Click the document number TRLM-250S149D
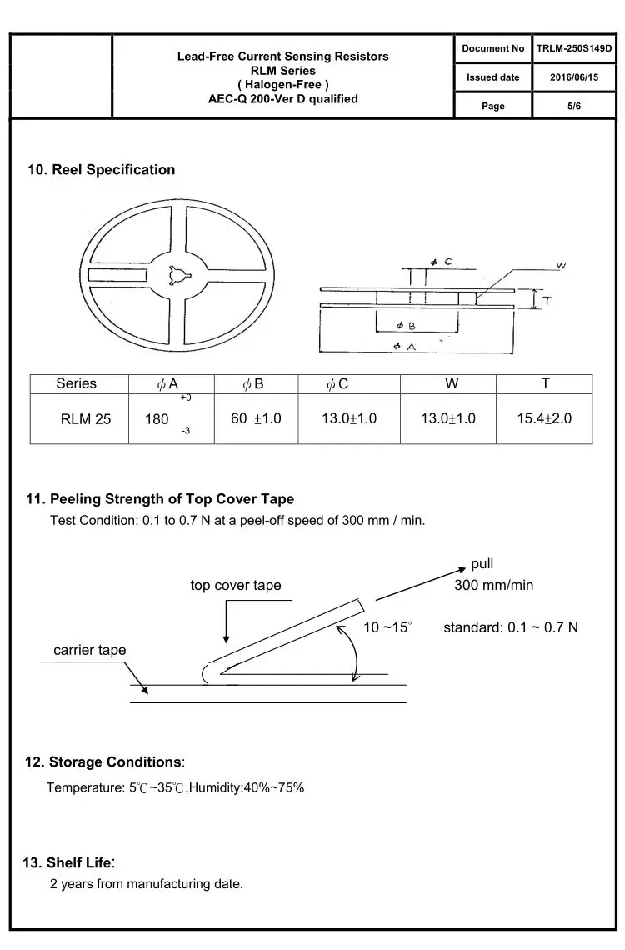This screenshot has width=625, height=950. [574, 48]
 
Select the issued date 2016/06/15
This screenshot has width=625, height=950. [574, 77]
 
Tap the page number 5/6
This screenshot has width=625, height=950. [574, 106]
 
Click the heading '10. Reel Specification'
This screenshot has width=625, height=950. [101, 170]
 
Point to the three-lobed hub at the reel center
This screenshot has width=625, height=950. [178, 275]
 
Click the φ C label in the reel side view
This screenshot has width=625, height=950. [442, 262]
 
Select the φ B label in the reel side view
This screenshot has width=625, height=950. [406, 325]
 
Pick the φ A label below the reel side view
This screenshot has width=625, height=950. [404, 346]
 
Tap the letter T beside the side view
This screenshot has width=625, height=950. [547, 300]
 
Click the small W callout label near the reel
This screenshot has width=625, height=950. [562, 265]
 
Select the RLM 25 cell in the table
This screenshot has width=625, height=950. [85, 419]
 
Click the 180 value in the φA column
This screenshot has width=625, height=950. [157, 419]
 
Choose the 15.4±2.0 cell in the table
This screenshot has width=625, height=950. [544, 418]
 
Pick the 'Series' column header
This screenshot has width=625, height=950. [77, 383]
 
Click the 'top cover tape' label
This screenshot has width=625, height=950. [236, 585]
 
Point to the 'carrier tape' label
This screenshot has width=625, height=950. [90, 650]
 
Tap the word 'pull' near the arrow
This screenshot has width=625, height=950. [482, 564]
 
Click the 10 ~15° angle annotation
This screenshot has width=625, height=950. [387, 627]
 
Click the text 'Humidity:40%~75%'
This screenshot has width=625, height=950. [247, 787]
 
